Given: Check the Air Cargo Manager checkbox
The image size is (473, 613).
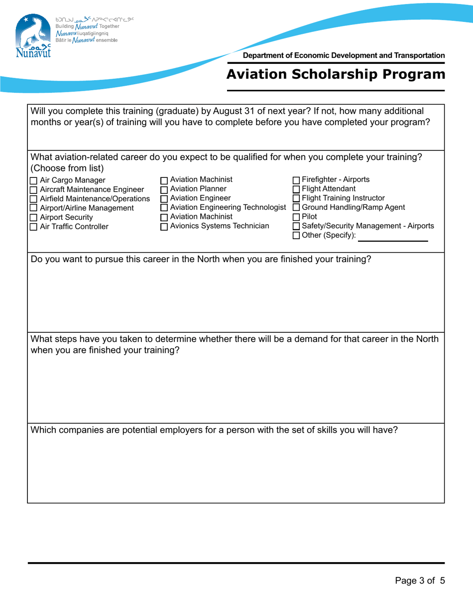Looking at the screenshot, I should tap(34, 181).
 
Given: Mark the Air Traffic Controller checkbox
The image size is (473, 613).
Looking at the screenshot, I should tap(34, 227).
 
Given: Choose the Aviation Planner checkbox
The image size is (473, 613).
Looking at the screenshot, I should tap(164, 189).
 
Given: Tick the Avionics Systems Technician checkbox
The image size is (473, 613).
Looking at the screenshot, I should tap(164, 227).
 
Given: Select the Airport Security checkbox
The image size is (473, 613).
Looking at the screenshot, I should tap(34, 218).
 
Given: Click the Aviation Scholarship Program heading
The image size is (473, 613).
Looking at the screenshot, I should tap(336, 74).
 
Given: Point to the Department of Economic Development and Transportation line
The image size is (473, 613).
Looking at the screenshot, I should tap(344, 56).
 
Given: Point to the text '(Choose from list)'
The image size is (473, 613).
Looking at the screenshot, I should tap(67, 167).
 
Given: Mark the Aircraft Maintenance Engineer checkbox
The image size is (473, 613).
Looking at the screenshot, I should tap(34, 190).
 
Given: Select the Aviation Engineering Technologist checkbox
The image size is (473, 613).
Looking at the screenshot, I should tap(164, 208).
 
